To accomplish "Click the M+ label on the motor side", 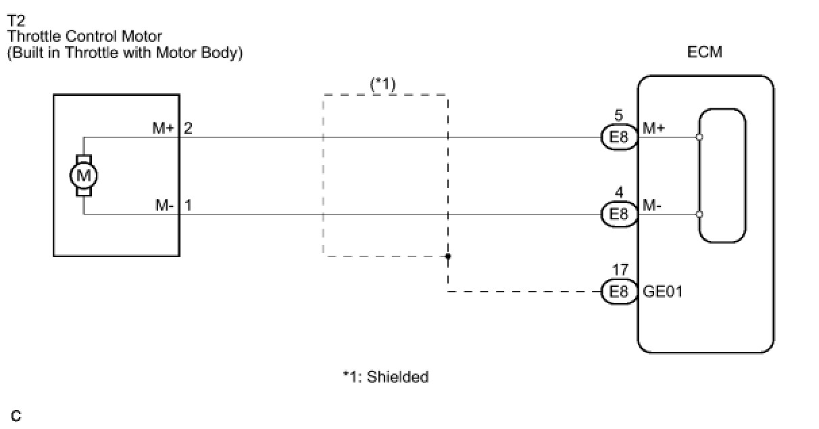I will (163, 129).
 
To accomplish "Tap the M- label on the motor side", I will (164, 205).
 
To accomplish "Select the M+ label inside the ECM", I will (653, 129).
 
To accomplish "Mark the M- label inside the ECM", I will (652, 205).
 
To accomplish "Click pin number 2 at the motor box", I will (188, 129).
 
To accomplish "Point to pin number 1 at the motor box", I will (188, 205).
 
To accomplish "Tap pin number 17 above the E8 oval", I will (620, 269).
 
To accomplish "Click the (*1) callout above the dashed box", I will (382, 84).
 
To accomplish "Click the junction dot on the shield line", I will (448, 256).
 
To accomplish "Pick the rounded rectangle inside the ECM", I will (722, 176).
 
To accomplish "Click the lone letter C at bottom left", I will (16, 415).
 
